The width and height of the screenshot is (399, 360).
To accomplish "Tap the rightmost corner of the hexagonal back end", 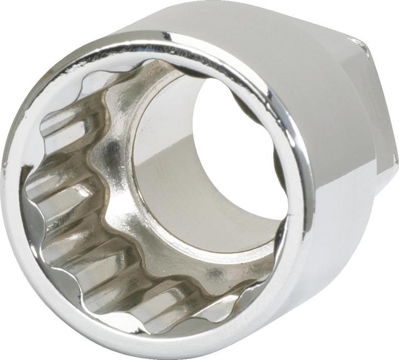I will [395, 161].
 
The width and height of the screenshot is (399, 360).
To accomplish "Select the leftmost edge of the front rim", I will [7, 183].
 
